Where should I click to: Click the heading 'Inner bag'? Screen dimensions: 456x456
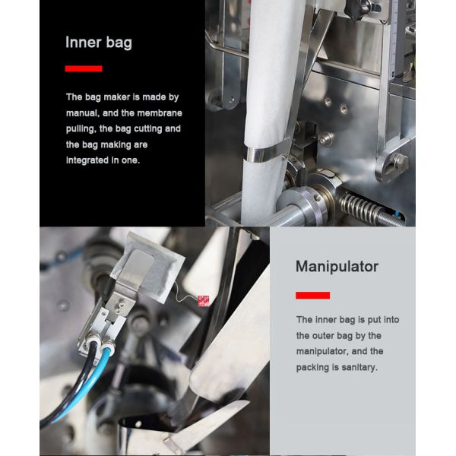pos(99,43)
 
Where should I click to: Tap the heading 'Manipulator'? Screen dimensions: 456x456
pos(337,267)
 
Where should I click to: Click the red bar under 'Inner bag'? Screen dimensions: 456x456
pos(84,68)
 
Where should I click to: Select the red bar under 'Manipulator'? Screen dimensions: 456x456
pos(312,296)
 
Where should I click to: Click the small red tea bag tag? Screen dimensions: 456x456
pos(203,301)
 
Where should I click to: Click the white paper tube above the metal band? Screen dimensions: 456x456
pos(271,73)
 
